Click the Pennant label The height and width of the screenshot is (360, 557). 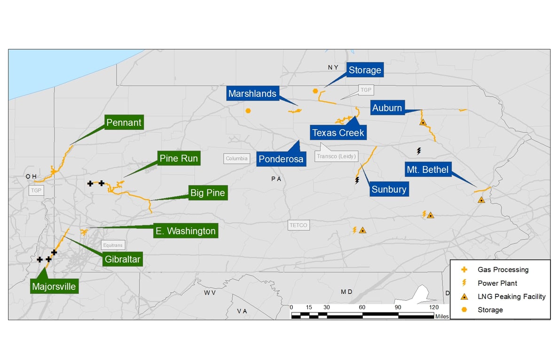click(x=124, y=123)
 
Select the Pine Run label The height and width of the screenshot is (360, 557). click(x=179, y=158)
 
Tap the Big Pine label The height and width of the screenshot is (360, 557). click(x=207, y=193)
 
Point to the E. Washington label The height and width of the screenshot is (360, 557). click(x=186, y=231)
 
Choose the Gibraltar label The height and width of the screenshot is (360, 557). click(x=123, y=259)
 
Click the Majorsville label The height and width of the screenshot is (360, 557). click(x=54, y=286)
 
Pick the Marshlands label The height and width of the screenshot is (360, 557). click(x=252, y=94)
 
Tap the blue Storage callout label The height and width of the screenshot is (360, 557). click(x=365, y=70)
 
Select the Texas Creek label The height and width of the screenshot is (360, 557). click(x=338, y=133)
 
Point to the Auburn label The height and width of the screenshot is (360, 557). click(x=387, y=108)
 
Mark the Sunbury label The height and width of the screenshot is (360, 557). click(x=388, y=189)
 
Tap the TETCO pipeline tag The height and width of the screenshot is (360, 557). click(x=298, y=225)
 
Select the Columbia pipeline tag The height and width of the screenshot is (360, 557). click(x=236, y=158)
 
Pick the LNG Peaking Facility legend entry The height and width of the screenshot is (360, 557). click(x=511, y=297)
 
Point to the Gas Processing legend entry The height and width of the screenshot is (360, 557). click(x=503, y=270)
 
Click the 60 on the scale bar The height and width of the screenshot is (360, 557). click(x=362, y=307)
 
